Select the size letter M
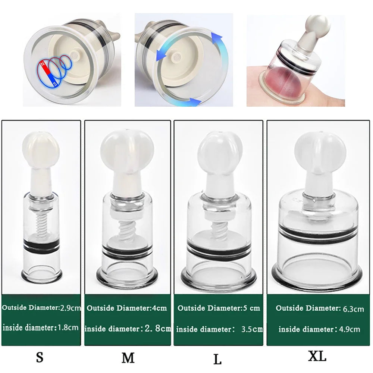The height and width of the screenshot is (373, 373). pos(128,358)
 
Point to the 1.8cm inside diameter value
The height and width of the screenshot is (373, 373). pos(68,328)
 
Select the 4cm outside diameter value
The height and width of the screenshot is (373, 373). pos(159,308)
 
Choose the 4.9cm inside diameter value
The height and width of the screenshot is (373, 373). pos(350,329)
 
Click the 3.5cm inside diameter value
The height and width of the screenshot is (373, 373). pos(252,329)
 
